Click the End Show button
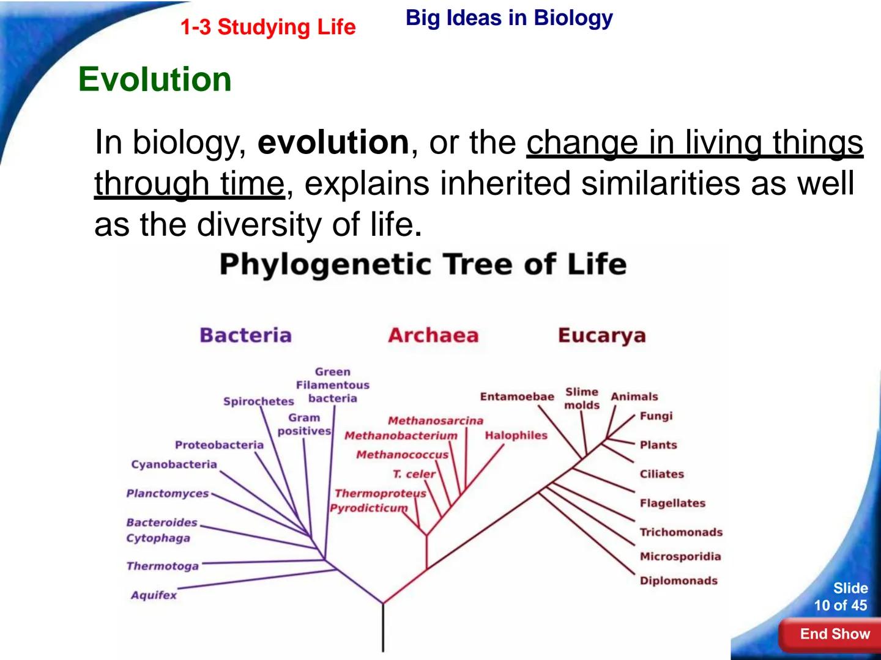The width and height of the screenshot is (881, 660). (833, 634)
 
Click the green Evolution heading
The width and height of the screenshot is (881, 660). (155, 79)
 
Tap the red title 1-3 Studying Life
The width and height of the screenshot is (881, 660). (267, 27)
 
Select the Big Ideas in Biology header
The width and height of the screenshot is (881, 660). (508, 18)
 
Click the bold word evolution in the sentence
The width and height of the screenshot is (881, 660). (333, 142)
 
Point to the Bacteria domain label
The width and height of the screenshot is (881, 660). (245, 335)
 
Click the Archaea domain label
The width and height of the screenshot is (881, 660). (433, 335)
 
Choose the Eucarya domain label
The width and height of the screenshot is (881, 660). (601, 335)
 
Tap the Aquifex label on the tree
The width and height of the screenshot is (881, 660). (154, 595)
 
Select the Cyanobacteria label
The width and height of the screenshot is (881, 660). (174, 464)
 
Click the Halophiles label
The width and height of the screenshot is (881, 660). (516, 435)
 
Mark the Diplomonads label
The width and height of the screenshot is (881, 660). (678, 581)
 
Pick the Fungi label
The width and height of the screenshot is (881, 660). (656, 416)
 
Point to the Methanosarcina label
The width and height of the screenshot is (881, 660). (435, 420)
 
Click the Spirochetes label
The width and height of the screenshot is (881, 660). (258, 402)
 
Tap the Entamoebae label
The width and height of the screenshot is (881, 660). (516, 397)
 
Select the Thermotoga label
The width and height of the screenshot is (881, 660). (162, 566)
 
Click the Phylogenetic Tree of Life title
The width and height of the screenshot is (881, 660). (423, 265)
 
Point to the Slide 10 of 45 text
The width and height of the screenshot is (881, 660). (841, 596)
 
